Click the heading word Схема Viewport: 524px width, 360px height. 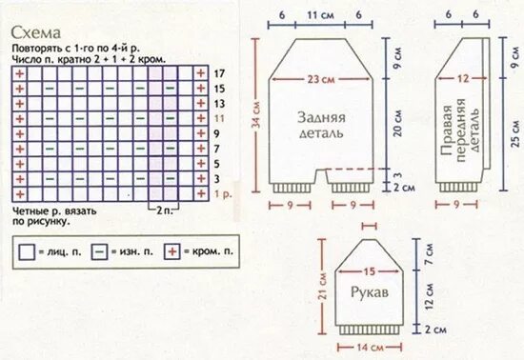[x=37, y=31]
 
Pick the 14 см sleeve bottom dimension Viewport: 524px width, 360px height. [x=369, y=350]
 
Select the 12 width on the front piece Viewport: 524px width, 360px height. [x=464, y=79]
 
